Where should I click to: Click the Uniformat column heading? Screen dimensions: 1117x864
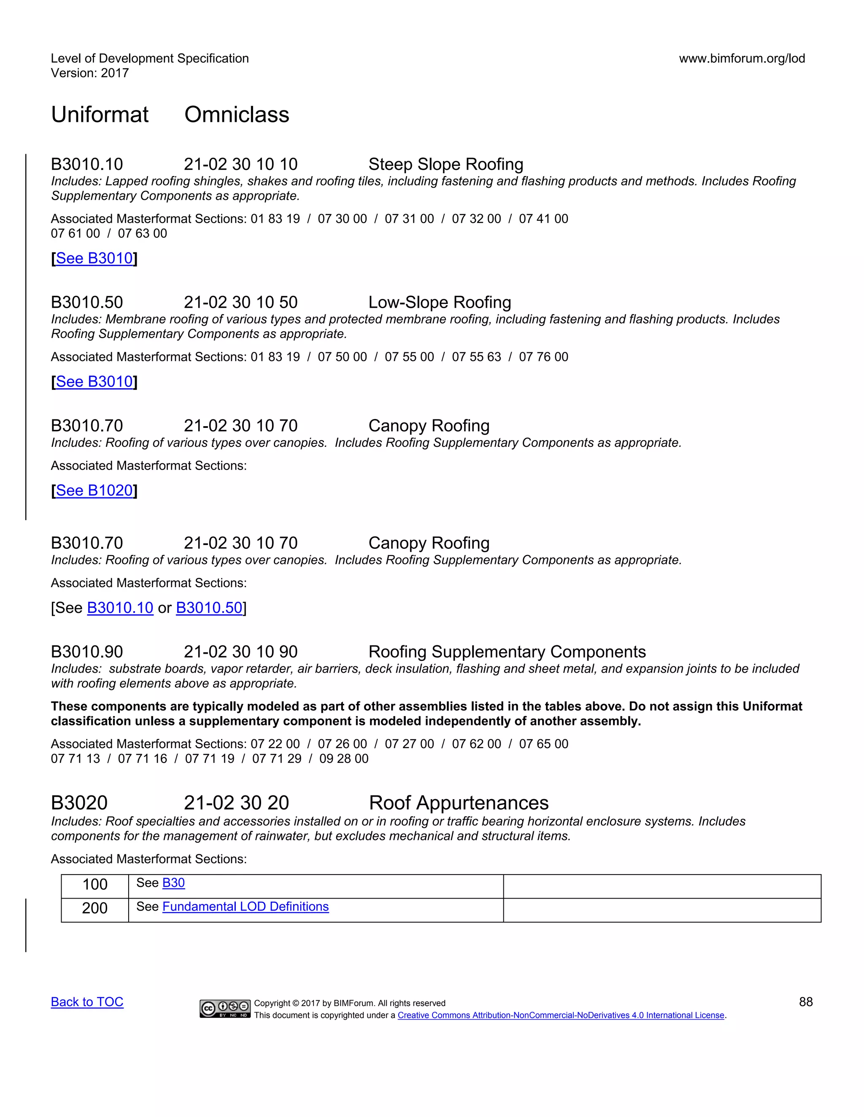[100, 115]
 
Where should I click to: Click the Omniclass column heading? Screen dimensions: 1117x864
[237, 115]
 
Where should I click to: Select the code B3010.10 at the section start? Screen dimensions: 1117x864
[86, 164]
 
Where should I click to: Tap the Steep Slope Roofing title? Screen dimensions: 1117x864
[445, 164]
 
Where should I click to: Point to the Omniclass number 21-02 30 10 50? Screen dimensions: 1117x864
[240, 302]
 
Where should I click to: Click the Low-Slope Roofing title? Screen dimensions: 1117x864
[439, 302]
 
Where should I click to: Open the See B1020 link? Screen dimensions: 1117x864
[94, 491]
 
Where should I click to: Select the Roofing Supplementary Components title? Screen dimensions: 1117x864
[507, 652]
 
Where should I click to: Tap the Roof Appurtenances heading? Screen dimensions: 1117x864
[458, 803]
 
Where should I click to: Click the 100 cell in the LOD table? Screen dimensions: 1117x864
[94, 884]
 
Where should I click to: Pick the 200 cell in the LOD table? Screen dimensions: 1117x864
[94, 908]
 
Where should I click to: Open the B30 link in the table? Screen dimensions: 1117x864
[173, 883]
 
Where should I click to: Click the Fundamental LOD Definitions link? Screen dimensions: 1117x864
[245, 906]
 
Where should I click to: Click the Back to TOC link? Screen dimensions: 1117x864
[87, 1002]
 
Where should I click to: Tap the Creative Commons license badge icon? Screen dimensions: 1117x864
[225, 1009]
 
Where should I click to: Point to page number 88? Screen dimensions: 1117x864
[806, 1002]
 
